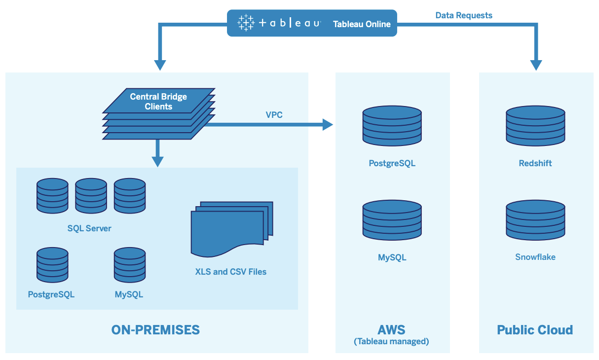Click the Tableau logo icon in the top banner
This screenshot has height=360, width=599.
pos(245,23)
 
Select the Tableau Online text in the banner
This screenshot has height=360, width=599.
pos(362,24)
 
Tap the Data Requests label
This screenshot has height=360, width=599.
pos(463,15)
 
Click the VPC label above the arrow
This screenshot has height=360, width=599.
pos(274,114)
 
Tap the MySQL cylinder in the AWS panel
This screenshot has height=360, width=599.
pos(392,220)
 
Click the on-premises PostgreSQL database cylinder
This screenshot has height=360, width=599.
pos(52,265)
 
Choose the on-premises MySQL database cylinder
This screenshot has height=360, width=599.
pos(130,265)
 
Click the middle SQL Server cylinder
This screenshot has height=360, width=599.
pos(91,196)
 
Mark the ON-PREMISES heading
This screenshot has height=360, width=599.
pos(155,330)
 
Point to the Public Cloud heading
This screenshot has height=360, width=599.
pos(535,330)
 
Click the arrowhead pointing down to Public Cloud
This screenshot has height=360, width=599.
pos(536,65)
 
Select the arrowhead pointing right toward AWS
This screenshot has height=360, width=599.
pos(328,125)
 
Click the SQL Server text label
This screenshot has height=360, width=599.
pos(89,228)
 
